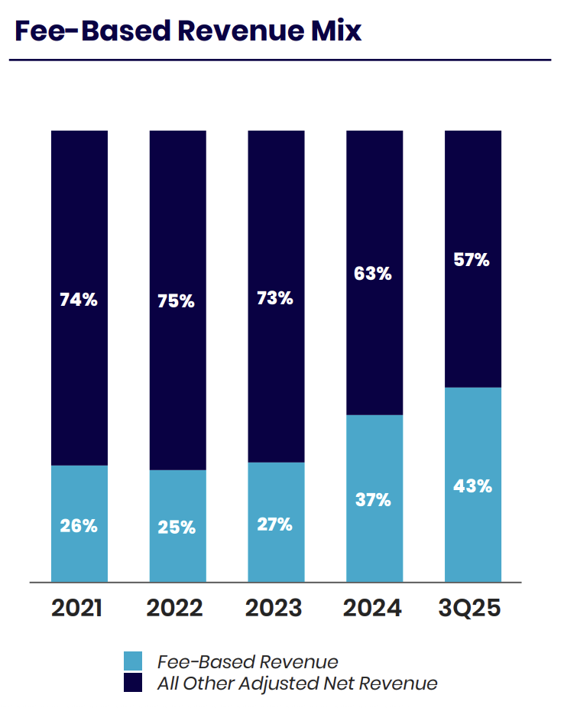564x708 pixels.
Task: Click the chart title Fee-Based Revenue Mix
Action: click(188, 31)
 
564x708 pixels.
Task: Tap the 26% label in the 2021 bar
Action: click(79, 526)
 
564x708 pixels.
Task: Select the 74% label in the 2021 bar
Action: click(79, 300)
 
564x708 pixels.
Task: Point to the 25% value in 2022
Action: click(177, 528)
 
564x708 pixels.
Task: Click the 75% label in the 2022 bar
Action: click(176, 301)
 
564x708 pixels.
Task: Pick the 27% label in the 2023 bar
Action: click(275, 525)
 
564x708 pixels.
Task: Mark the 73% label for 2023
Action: click(275, 298)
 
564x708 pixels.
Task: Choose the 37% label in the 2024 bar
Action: click(373, 500)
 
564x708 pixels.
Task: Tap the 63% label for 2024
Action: click(373, 273)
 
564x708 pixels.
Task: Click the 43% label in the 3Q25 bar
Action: click(472, 486)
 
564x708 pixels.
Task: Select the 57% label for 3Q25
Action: click(472, 260)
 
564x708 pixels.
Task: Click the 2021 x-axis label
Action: click(76, 608)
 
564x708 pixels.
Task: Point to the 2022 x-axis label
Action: click(174, 608)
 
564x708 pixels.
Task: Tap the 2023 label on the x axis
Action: click(274, 608)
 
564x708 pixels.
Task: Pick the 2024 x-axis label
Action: click(372, 608)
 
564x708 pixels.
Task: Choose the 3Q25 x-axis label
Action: click(470, 608)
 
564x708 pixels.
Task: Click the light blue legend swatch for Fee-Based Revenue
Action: click(133, 661)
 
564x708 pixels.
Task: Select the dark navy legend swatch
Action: click(133, 682)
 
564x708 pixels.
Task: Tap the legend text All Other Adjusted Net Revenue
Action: click(297, 684)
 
